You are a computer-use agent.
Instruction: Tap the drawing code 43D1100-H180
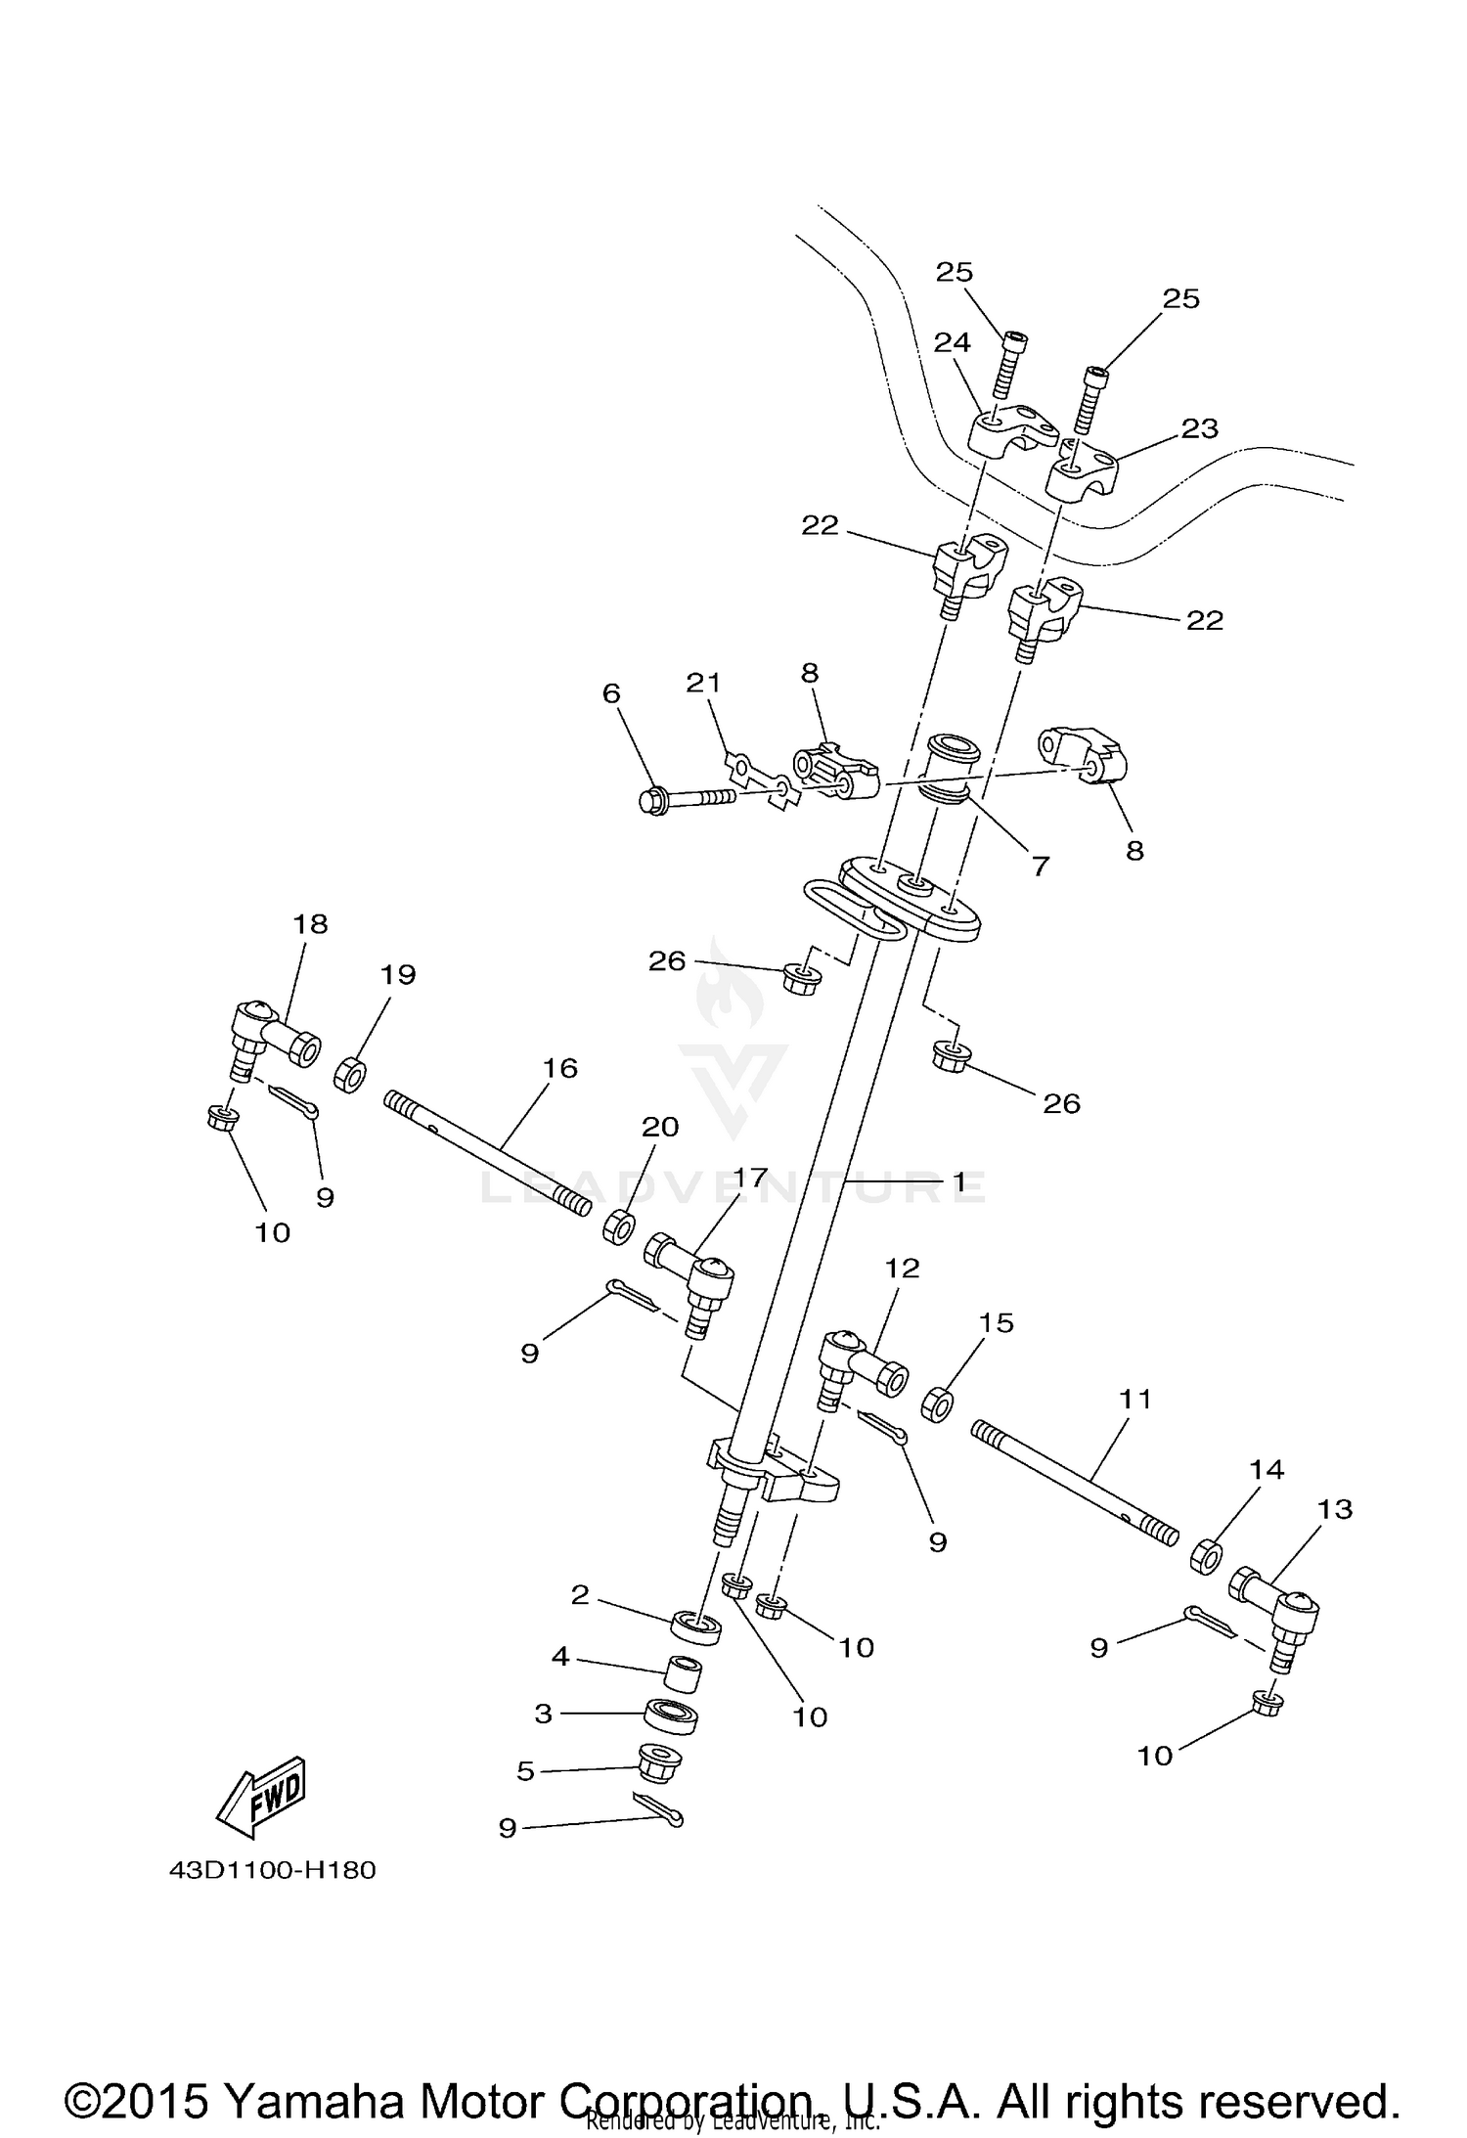273,1870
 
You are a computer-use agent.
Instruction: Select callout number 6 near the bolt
611,693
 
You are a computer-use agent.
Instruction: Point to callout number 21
703,683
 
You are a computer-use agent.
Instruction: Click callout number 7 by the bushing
1040,865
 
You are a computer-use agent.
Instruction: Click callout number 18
311,923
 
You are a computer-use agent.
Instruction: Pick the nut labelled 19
350,1074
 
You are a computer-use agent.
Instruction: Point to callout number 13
1335,1509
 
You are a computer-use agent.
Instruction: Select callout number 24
952,342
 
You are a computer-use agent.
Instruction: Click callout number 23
1200,428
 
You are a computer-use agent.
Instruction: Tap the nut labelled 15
937,1405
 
